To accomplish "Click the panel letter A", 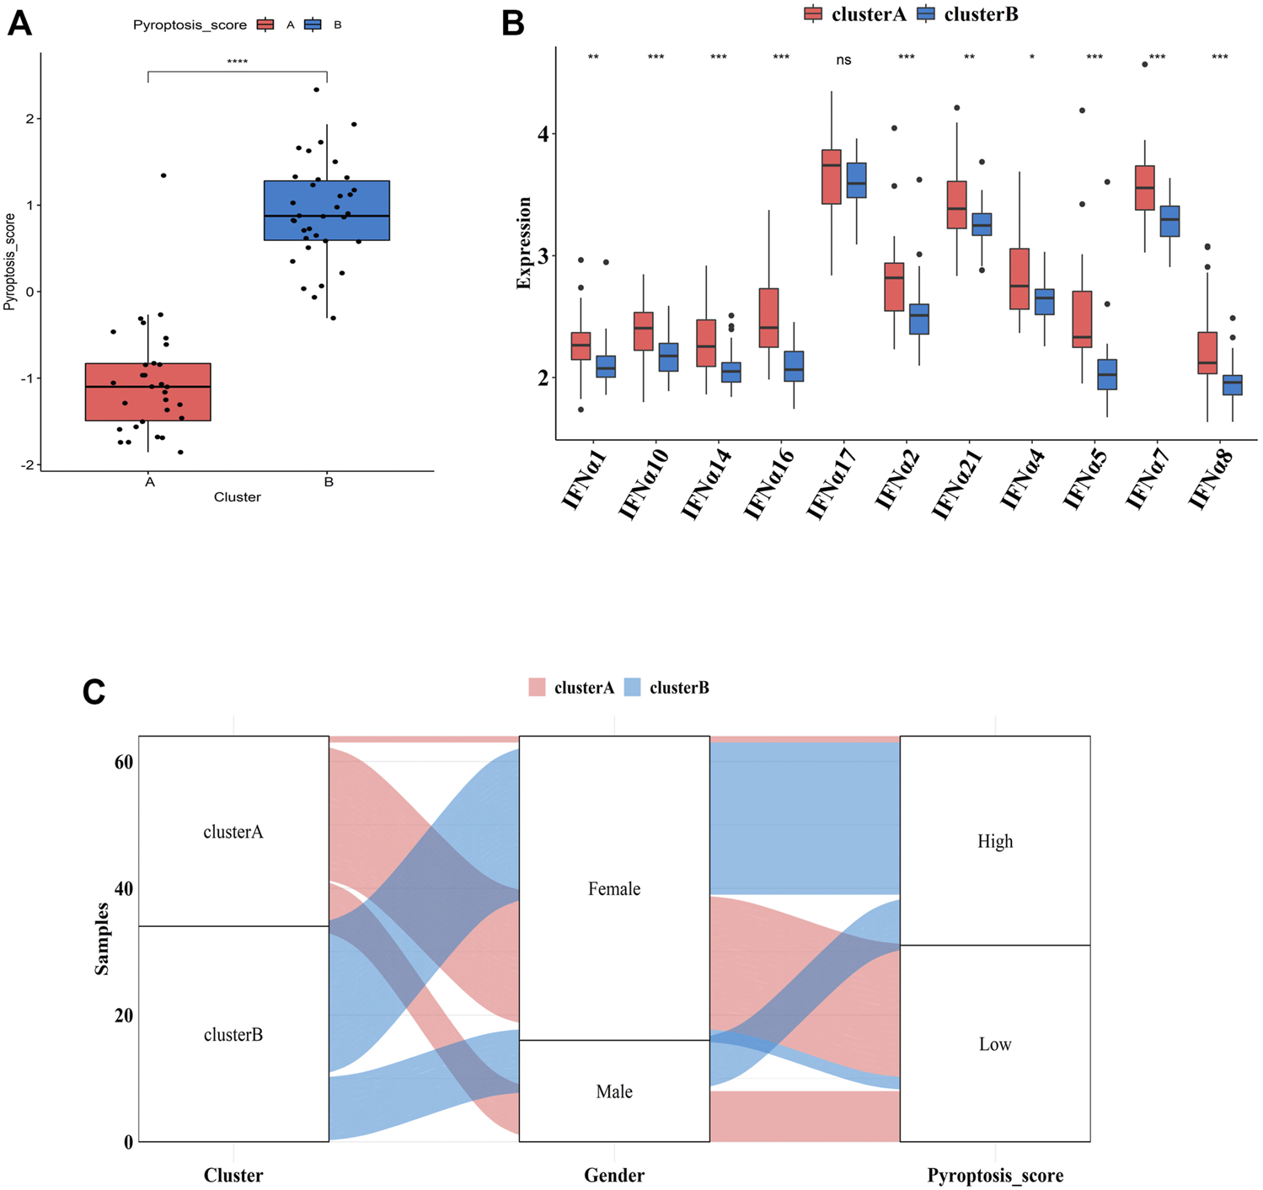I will [x=19, y=24].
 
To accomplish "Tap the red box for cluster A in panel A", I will [x=148, y=391].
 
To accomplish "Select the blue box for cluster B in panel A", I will [x=327, y=211].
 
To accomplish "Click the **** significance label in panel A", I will [x=238, y=62].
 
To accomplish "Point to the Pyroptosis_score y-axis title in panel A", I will [x=10, y=262].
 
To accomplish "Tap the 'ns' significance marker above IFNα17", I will [x=843, y=60].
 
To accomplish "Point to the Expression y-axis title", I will [x=524, y=244].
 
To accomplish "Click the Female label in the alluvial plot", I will [x=614, y=888].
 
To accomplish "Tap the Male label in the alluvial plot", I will [x=614, y=1091].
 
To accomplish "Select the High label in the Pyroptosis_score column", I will [x=995, y=841].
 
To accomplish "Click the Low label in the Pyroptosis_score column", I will [x=995, y=1044].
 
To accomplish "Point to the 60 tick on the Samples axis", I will [x=123, y=762].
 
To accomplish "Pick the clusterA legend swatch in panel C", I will [x=538, y=688].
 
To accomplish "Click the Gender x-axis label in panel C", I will [x=614, y=1175].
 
